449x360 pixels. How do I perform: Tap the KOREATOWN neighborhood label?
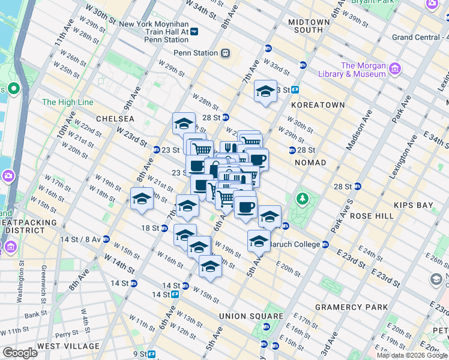pos(318,105)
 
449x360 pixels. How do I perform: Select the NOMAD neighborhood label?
pos(310,163)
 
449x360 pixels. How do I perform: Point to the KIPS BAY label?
pos(413,205)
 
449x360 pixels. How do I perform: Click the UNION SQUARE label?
pos(251,316)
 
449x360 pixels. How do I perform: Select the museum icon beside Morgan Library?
pos(394,70)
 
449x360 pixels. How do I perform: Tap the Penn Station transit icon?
pos(226,53)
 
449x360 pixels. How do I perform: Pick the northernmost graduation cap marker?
pos(265,91)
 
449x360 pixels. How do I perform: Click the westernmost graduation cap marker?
pos(142,199)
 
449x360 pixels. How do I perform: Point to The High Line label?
pos(68,103)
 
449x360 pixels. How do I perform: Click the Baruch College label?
pos(294,244)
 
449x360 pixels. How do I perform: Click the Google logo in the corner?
pos(20,353)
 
